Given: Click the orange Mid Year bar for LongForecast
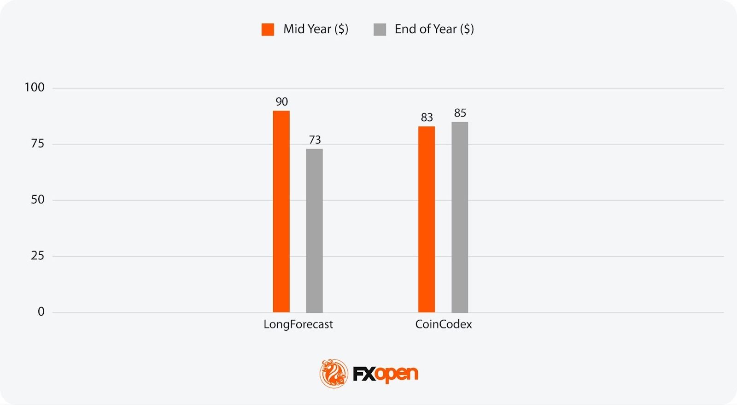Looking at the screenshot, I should [x=281, y=211].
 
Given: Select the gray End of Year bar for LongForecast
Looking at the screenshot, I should [x=314, y=230].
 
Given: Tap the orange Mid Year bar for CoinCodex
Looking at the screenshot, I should [x=426, y=219].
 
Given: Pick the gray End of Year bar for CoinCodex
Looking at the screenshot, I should [x=459, y=217].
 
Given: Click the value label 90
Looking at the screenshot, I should [x=281, y=102].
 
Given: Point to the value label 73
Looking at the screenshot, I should [x=315, y=140].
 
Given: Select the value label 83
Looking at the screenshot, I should [x=427, y=118].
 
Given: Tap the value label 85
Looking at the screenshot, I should [x=460, y=113].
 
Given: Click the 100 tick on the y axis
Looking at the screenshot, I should [x=35, y=88].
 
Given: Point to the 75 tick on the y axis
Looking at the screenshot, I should [x=37, y=144].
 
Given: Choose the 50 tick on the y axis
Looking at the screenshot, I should [x=37, y=200].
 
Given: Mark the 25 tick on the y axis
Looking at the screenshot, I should [x=37, y=256].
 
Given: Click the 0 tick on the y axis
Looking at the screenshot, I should [x=41, y=312].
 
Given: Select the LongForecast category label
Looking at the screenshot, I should [x=298, y=324].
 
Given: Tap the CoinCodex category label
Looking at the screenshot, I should [x=443, y=324].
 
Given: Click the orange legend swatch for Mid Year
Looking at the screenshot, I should [x=268, y=29].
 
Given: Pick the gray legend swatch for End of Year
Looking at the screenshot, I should [x=380, y=29].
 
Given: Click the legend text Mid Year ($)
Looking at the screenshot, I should [x=316, y=29].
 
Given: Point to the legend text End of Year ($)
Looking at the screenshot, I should [x=434, y=29].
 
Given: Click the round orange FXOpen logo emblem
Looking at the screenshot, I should [x=333, y=373].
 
